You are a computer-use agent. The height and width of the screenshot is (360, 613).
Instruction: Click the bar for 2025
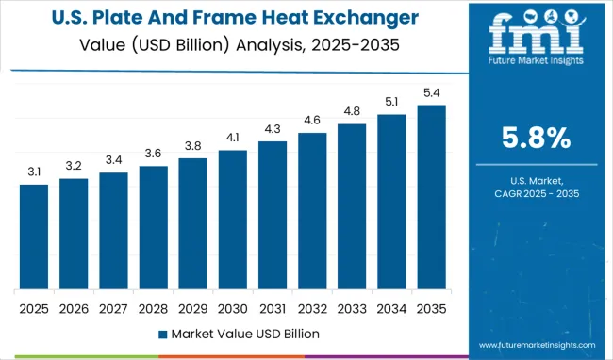click(33, 237)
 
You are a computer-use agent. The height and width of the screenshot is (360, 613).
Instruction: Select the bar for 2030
click(232, 220)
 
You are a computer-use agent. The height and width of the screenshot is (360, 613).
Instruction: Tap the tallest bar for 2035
click(431, 197)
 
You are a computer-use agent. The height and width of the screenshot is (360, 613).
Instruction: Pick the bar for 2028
click(153, 228)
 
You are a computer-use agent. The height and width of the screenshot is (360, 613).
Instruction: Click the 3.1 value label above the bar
click(33, 171)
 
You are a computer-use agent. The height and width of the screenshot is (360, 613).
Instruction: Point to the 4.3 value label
click(272, 128)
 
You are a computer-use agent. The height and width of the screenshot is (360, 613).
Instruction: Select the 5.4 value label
click(431, 91)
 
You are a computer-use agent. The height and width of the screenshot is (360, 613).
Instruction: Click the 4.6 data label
click(312, 120)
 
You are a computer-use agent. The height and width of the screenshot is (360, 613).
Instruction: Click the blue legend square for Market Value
click(162, 334)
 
